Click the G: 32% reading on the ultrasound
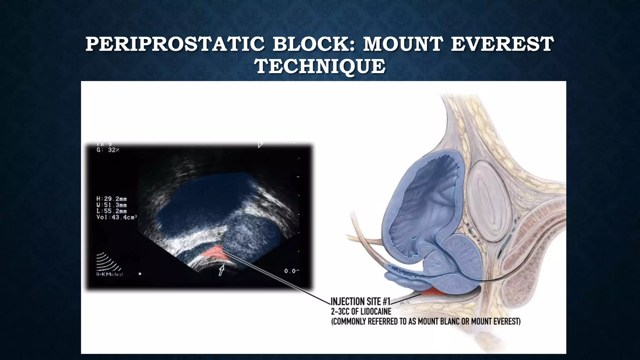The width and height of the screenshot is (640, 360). click(x=108, y=150)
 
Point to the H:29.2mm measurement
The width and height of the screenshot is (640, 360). click(x=112, y=199)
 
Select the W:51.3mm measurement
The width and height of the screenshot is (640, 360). click(x=112, y=205)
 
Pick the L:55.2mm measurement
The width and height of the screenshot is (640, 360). click(x=112, y=211)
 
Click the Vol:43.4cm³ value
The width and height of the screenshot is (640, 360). click(x=116, y=217)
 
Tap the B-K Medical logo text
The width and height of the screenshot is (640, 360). click(x=109, y=274)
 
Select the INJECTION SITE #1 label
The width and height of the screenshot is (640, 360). click(x=360, y=302)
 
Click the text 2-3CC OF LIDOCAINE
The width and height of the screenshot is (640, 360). click(x=361, y=312)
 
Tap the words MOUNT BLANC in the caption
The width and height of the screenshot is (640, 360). click(x=441, y=321)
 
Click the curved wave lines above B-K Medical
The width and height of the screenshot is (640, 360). click(x=108, y=261)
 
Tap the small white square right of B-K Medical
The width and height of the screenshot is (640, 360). click(x=140, y=274)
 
